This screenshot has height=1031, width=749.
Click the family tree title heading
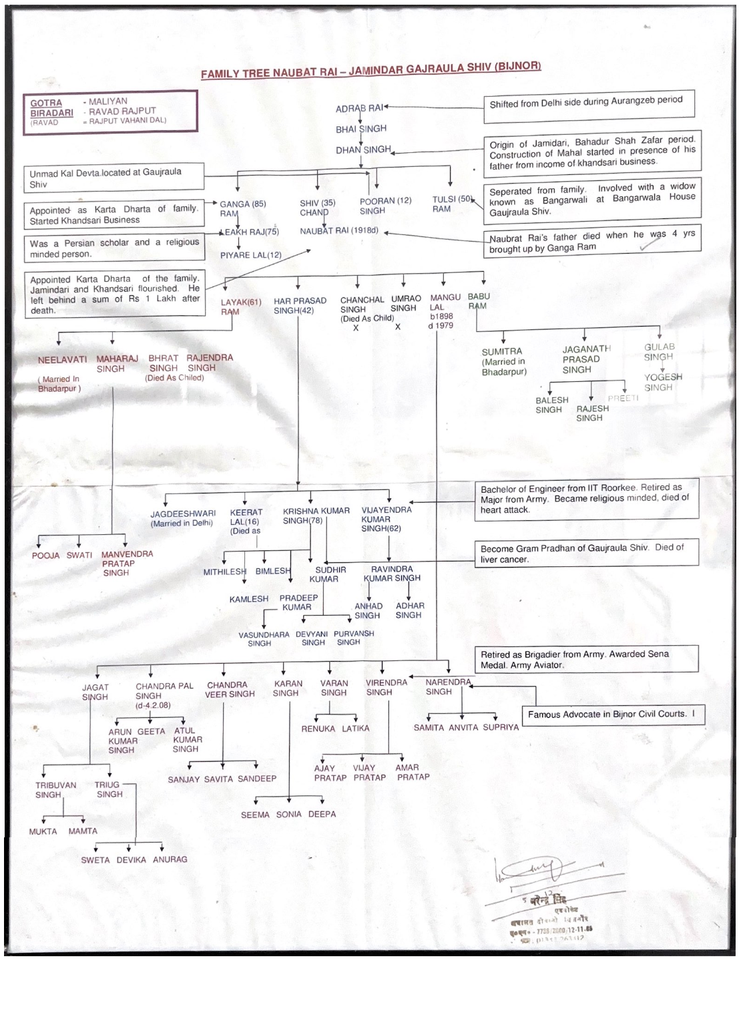(x=370, y=69)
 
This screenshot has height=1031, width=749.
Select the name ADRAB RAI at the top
(x=358, y=108)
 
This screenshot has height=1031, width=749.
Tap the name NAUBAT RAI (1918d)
(x=338, y=231)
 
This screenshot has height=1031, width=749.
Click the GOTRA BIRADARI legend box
(x=110, y=112)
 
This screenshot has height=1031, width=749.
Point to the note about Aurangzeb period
(x=589, y=106)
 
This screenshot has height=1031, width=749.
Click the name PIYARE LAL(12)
(x=251, y=255)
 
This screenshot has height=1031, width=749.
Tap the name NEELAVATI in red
(x=62, y=359)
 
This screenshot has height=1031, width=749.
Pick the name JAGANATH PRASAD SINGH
(x=585, y=359)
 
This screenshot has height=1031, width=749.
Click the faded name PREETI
(x=623, y=398)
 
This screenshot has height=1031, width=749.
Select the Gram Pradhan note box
(x=587, y=553)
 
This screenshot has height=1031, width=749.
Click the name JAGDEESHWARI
(x=183, y=514)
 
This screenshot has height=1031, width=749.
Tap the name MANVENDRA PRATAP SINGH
(x=126, y=563)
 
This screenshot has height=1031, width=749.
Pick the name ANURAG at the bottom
(x=170, y=859)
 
